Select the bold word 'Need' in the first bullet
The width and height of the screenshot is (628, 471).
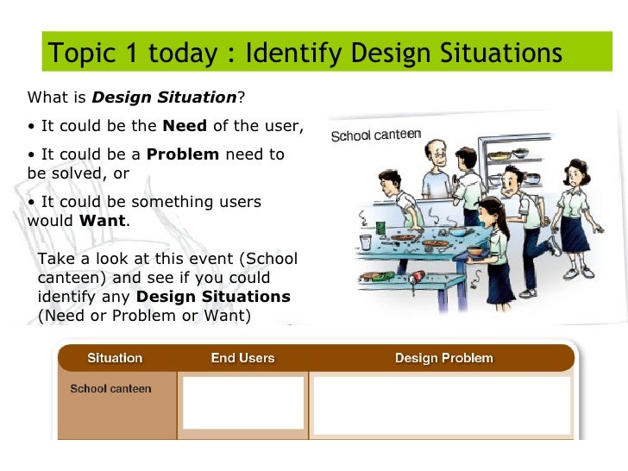(185, 126)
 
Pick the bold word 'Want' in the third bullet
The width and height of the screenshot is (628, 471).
(102, 220)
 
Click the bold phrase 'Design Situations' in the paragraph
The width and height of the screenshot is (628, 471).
(213, 297)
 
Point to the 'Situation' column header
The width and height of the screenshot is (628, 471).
(115, 358)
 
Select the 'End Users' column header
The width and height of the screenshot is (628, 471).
(242, 358)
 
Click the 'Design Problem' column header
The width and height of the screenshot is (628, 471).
(443, 358)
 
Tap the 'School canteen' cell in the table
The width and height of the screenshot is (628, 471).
(110, 389)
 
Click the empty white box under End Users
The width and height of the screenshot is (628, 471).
(243, 402)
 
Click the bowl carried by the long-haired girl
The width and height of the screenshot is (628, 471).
(474, 251)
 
